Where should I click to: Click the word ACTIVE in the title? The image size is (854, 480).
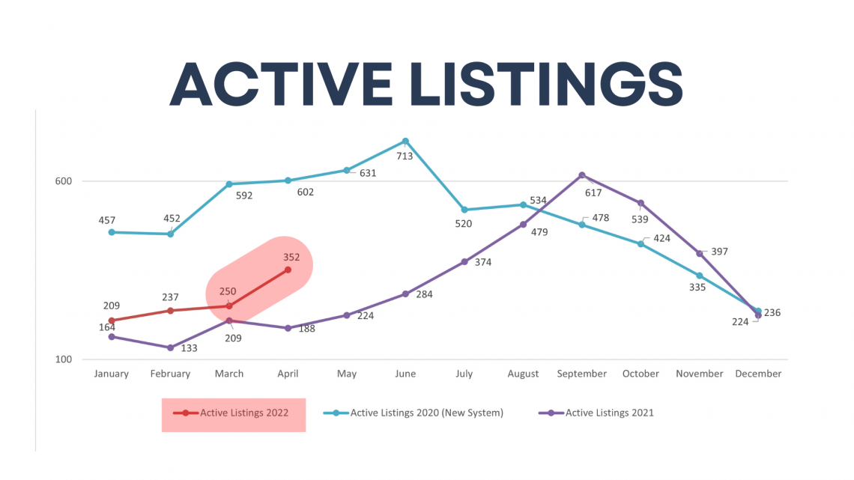(281, 84)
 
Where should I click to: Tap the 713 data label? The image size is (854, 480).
(404, 157)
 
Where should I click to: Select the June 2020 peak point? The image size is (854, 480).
(405, 142)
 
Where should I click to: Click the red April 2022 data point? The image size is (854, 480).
(288, 270)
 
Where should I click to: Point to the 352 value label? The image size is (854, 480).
(291, 258)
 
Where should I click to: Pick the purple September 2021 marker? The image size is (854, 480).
(581, 175)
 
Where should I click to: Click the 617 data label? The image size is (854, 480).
(593, 192)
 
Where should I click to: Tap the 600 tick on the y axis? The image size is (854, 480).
(63, 181)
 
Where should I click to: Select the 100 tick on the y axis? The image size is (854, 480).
(63, 359)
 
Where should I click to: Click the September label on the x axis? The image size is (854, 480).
(581, 374)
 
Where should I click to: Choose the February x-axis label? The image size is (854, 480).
(170, 374)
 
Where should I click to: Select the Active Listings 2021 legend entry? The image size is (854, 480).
(596, 413)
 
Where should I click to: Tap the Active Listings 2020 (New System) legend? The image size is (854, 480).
(414, 413)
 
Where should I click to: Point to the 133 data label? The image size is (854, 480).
(189, 348)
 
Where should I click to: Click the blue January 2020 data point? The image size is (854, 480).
(112, 232)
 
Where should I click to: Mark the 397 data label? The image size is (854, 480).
(719, 252)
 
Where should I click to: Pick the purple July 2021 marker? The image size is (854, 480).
(464, 262)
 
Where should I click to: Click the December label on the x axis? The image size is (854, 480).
(758, 374)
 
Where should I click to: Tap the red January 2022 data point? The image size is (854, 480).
(112, 320)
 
